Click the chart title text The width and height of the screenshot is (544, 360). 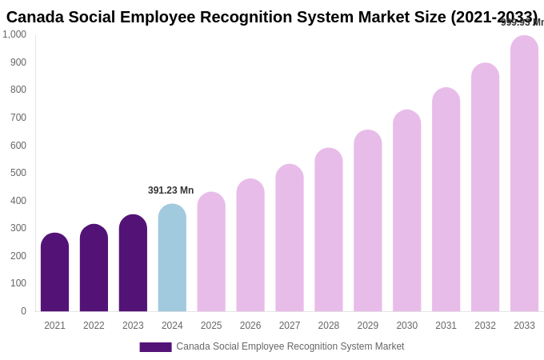point(272,17)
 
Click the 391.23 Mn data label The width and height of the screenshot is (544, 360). point(170,190)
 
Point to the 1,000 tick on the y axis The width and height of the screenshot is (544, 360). point(14,34)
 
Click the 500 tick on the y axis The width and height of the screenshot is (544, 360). point(18,173)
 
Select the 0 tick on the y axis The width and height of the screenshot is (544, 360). point(23,311)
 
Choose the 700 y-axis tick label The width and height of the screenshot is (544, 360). point(18,118)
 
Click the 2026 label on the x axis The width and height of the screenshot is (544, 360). point(250,326)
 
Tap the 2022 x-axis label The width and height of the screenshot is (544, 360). point(94,326)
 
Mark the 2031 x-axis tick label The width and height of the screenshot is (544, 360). point(446,326)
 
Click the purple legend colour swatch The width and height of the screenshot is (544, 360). point(155,347)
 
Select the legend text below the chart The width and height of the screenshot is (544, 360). point(290,346)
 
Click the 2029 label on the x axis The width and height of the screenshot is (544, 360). point(368,326)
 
